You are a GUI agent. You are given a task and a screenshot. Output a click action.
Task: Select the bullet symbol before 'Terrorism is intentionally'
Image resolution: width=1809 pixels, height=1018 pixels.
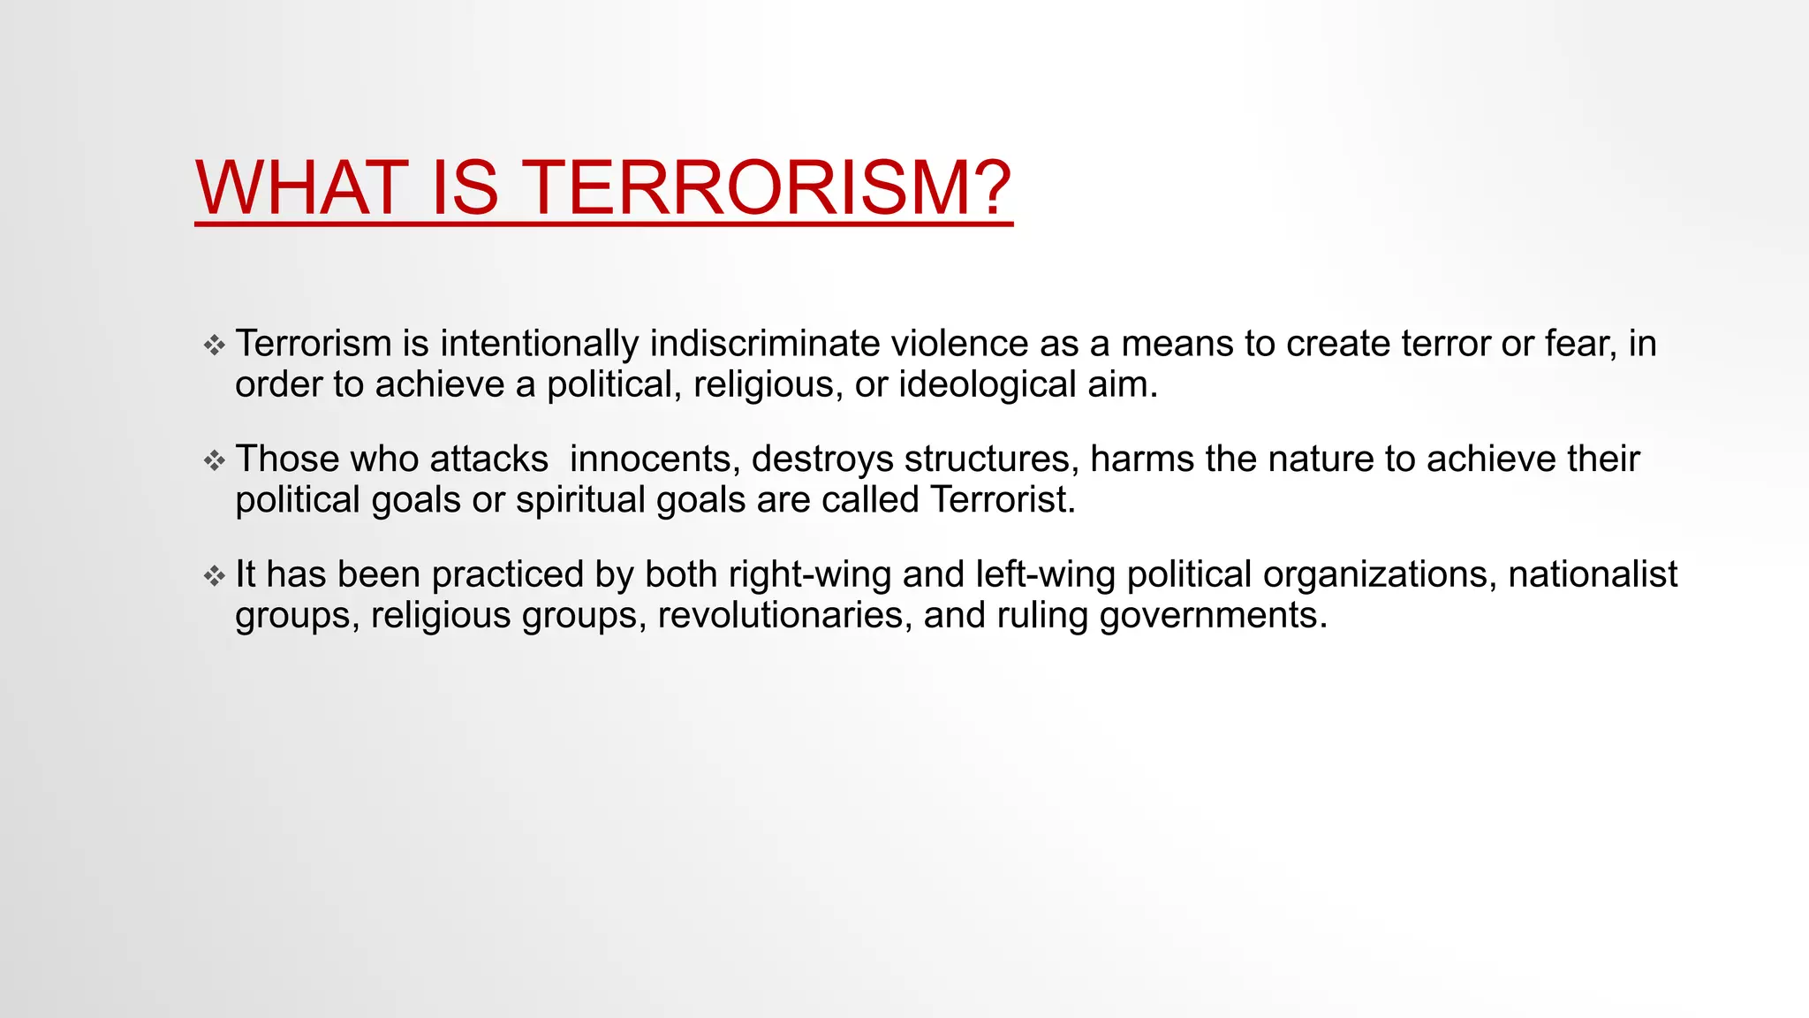click(x=215, y=345)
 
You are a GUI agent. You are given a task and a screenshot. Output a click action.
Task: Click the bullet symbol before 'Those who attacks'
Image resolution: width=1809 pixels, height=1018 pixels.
click(x=215, y=460)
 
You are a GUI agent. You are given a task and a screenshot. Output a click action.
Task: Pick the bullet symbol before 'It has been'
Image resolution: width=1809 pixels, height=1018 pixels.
click(x=215, y=576)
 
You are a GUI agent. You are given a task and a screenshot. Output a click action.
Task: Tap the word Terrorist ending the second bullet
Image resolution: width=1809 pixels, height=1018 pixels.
click(x=1002, y=500)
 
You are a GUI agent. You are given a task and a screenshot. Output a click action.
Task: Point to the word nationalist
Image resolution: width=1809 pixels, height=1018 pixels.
click(x=1592, y=575)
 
